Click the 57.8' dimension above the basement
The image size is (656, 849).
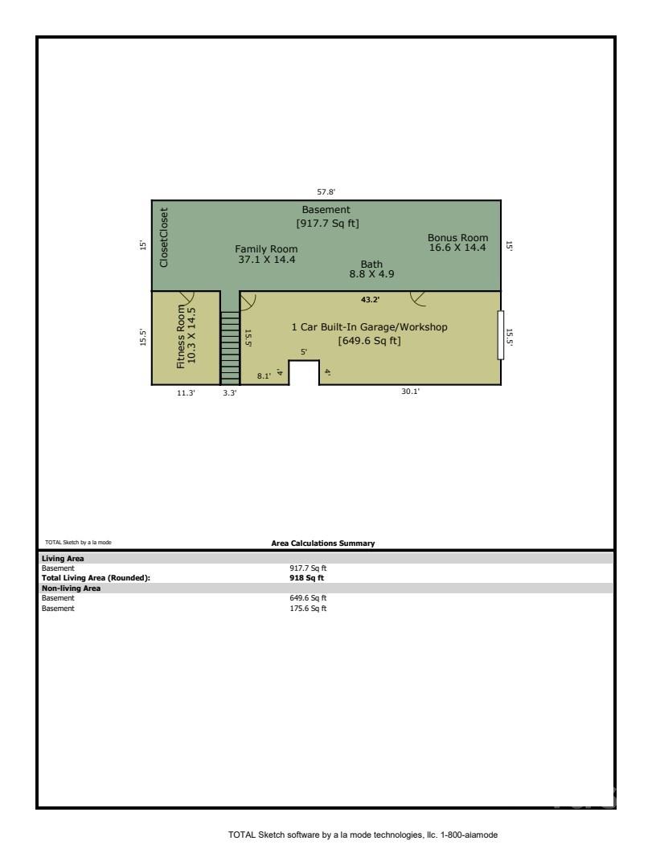click(x=326, y=192)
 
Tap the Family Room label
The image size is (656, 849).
click(x=265, y=254)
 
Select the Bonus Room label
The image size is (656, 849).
click(x=457, y=243)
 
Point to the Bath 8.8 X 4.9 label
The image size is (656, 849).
click(x=371, y=269)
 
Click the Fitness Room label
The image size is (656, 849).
click(x=186, y=336)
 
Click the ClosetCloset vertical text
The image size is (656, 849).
click(x=164, y=238)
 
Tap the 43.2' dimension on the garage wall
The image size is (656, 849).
click(x=371, y=299)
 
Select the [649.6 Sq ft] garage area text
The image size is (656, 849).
click(x=369, y=341)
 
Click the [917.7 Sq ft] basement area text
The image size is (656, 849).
click(x=326, y=223)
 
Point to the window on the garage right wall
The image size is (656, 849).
click(x=501, y=334)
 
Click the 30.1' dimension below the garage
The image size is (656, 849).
click(x=411, y=392)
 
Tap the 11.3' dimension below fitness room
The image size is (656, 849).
click(x=186, y=393)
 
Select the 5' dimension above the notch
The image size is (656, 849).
click(x=304, y=352)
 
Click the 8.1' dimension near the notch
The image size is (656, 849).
click(x=264, y=375)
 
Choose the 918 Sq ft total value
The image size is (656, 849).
click(x=307, y=577)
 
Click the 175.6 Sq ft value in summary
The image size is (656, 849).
click(x=308, y=609)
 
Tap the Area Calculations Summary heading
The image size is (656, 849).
click(x=323, y=543)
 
